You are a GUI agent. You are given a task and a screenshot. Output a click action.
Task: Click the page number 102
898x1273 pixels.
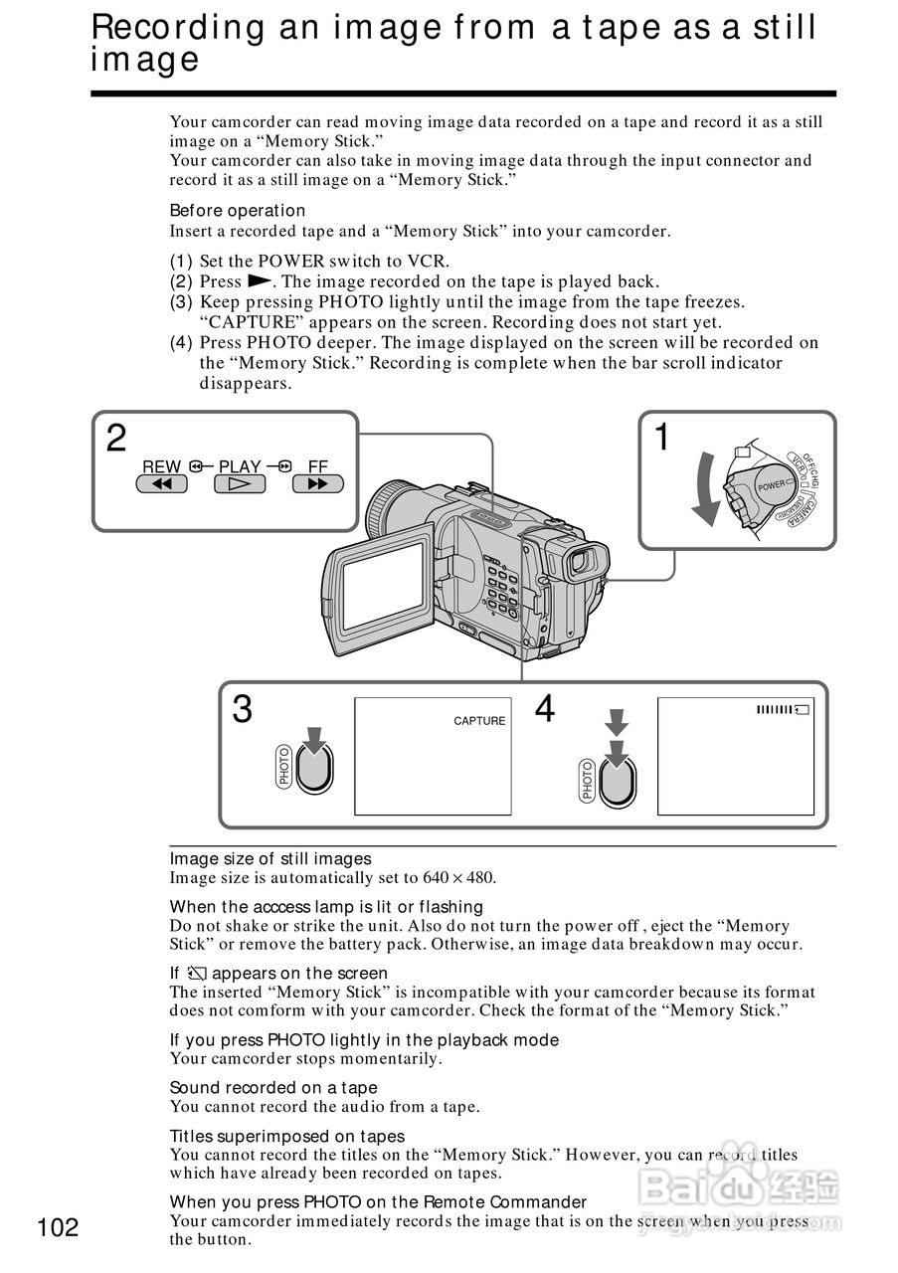[x=58, y=1227]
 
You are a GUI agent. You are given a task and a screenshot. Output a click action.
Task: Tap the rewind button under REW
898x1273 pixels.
[x=162, y=484]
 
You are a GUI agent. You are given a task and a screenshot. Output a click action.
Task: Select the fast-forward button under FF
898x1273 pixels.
[x=317, y=484]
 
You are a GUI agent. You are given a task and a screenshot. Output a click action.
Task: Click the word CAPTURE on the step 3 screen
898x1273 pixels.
[x=479, y=721]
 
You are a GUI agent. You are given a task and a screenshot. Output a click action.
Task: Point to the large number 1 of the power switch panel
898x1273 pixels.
[x=661, y=438]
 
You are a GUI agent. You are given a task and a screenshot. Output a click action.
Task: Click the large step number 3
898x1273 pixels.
[x=242, y=710]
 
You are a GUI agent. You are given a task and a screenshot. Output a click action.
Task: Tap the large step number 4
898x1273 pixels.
[x=545, y=710]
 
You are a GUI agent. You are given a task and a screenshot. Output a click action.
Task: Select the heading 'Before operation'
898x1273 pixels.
[x=238, y=211]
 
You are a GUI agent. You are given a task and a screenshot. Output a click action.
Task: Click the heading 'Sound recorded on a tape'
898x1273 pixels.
[x=273, y=1088]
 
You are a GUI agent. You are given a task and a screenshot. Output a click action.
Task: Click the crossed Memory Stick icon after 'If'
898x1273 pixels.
[x=195, y=974]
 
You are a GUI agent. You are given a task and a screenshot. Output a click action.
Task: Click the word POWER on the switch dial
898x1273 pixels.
[x=773, y=485]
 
